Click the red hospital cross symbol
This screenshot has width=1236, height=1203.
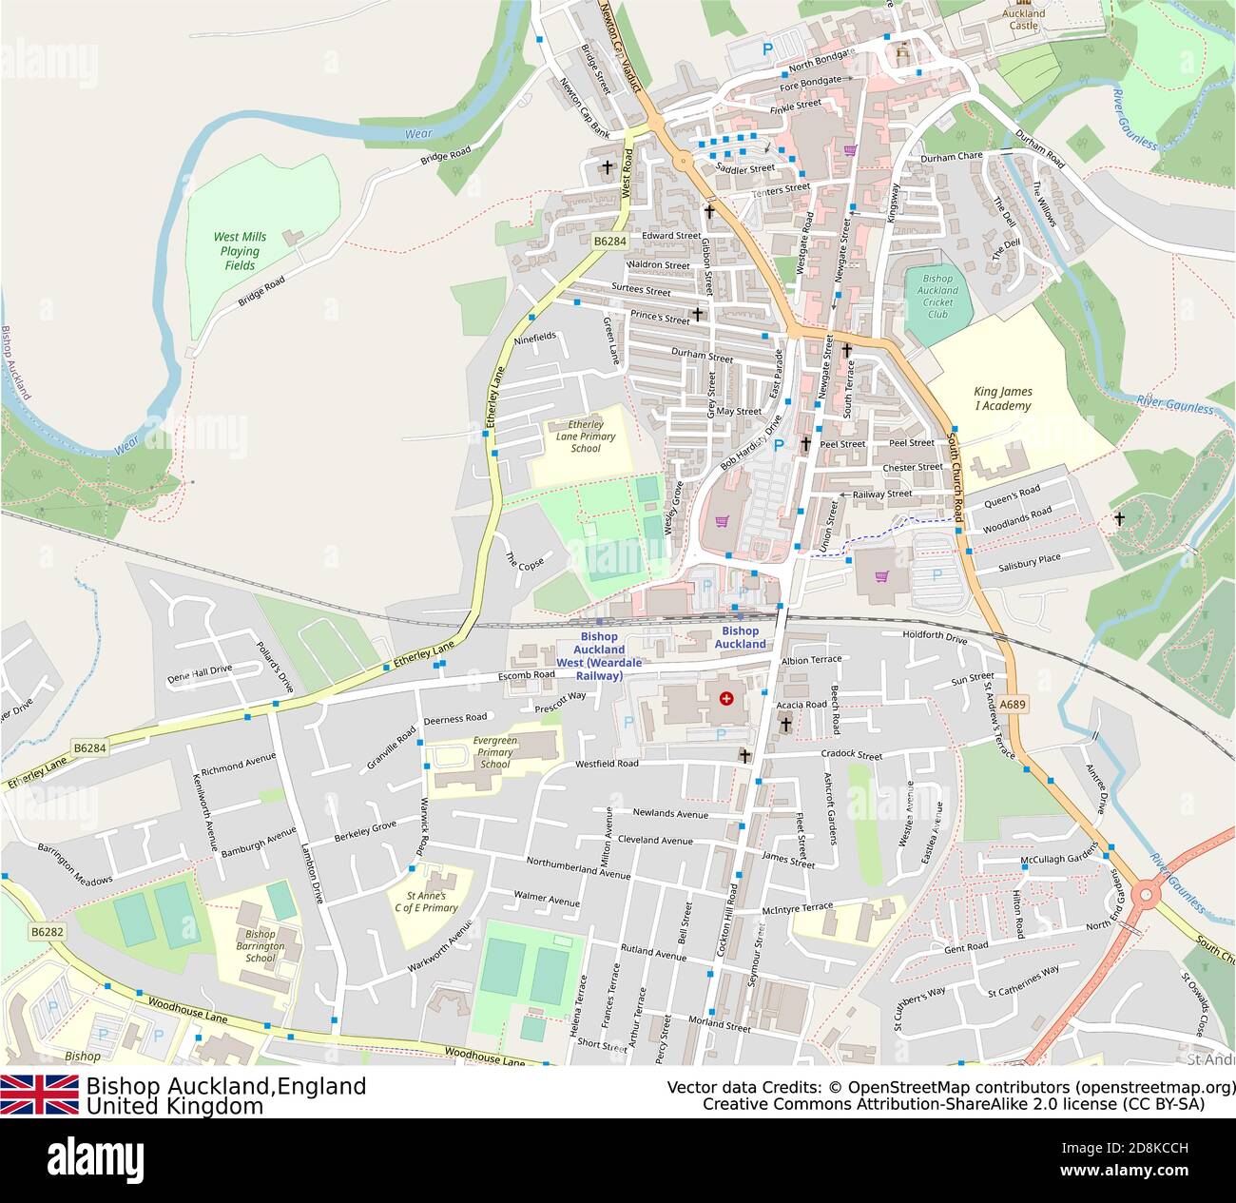[x=727, y=699]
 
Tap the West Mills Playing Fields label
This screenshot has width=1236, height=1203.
[x=240, y=251]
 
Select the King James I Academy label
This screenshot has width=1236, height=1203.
[x=1002, y=398]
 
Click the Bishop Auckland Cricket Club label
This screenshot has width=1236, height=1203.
[x=937, y=296]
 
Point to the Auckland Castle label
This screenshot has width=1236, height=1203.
[x=1023, y=19]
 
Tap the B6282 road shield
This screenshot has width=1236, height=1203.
[x=47, y=932]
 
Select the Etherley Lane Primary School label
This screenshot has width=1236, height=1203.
[x=586, y=437]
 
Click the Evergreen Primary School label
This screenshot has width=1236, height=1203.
[x=494, y=751]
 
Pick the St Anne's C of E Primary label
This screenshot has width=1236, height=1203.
[x=432, y=902]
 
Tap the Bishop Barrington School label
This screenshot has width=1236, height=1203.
[x=260, y=946]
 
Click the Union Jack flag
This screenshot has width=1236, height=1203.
[x=39, y=1095]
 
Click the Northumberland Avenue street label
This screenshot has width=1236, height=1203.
[x=578, y=868]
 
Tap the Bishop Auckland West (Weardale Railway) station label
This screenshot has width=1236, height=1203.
[x=599, y=656]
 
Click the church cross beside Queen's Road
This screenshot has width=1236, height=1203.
[x=1119, y=519]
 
